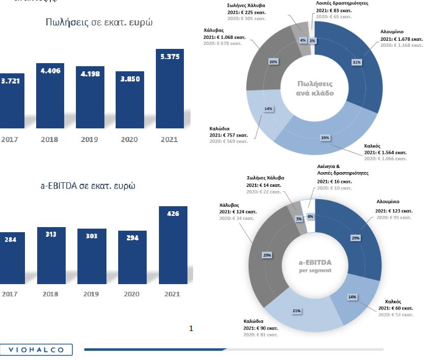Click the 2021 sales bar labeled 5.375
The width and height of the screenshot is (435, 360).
(170, 89)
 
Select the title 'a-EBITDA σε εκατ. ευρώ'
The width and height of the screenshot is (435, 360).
(88, 185)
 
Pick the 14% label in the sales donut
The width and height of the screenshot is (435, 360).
(267, 108)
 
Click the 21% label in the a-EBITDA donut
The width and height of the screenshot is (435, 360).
(296, 311)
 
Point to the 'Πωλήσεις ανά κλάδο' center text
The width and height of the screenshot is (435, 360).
(315, 88)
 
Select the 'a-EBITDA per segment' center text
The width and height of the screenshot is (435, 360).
(314, 266)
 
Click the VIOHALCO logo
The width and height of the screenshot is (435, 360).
(36, 349)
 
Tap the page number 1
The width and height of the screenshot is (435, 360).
(191, 328)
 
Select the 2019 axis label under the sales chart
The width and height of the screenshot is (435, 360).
(89, 139)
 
